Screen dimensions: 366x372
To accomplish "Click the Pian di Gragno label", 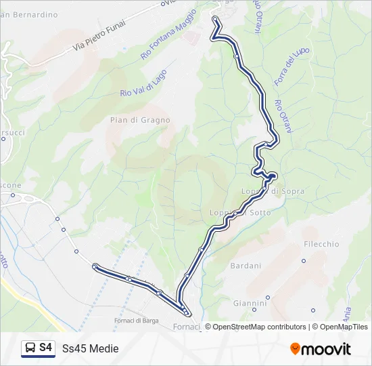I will (x=140, y=120).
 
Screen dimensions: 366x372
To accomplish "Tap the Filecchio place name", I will (x=321, y=244).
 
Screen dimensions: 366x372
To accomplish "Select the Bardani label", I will (x=246, y=266).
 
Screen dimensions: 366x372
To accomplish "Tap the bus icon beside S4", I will (x=30, y=348).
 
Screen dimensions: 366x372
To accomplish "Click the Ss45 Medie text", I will (x=90, y=348).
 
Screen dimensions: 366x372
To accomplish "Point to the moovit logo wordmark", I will (x=326, y=349).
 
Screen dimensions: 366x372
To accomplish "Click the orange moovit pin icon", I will (x=295, y=349).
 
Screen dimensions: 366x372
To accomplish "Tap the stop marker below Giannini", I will (x=268, y=297).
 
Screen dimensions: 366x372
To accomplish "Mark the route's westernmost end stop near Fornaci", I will (x=95, y=266).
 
